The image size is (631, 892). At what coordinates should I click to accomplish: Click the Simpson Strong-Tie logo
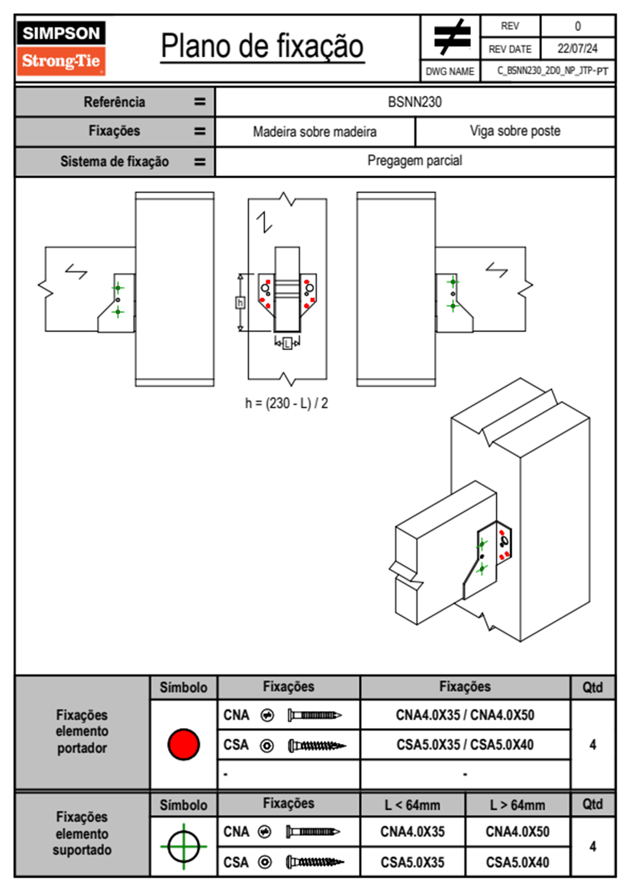click(x=61, y=48)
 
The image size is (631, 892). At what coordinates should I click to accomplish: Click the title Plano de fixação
click(x=262, y=46)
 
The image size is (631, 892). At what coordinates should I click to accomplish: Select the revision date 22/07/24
click(x=577, y=49)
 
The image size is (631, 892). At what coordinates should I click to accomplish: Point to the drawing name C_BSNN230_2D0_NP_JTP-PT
click(x=552, y=71)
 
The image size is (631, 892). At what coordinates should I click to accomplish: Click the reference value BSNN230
click(x=415, y=102)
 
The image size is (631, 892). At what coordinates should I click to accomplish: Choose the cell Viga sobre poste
click(x=515, y=131)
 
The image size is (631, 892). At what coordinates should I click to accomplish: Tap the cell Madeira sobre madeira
click(x=314, y=132)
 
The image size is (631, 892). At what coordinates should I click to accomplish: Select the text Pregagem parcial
click(x=415, y=161)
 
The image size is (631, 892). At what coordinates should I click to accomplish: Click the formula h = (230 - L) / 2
click(x=286, y=404)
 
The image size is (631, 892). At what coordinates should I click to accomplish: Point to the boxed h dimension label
click(x=240, y=303)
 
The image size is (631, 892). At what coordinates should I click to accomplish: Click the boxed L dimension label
click(x=287, y=344)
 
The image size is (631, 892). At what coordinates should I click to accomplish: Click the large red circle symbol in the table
click(x=183, y=745)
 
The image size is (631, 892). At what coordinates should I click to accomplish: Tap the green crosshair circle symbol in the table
click(x=183, y=846)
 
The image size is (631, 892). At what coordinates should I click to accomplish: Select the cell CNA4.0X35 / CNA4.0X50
click(x=465, y=715)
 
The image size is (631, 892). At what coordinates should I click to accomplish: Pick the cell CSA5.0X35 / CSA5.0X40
click(x=465, y=745)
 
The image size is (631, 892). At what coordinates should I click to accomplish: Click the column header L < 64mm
click(x=413, y=805)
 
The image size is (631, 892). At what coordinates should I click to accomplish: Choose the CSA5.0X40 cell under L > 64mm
click(x=518, y=862)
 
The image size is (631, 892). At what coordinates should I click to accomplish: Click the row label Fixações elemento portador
click(x=82, y=732)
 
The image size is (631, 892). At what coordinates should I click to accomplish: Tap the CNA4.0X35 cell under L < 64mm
click(x=413, y=832)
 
